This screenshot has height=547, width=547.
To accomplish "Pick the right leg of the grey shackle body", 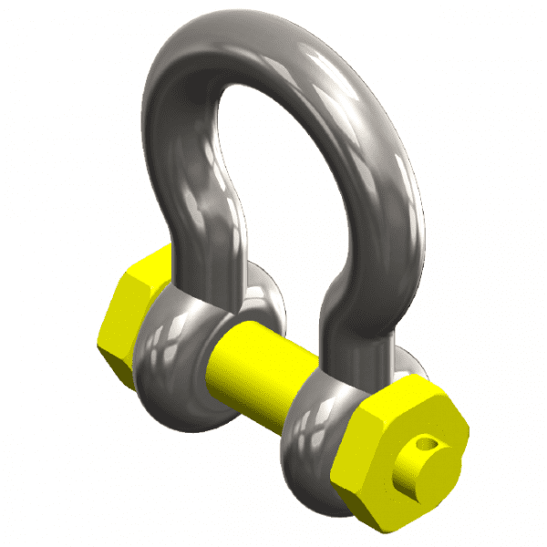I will pos(374,237).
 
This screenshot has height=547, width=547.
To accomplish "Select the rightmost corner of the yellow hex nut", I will pos(469,428).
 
